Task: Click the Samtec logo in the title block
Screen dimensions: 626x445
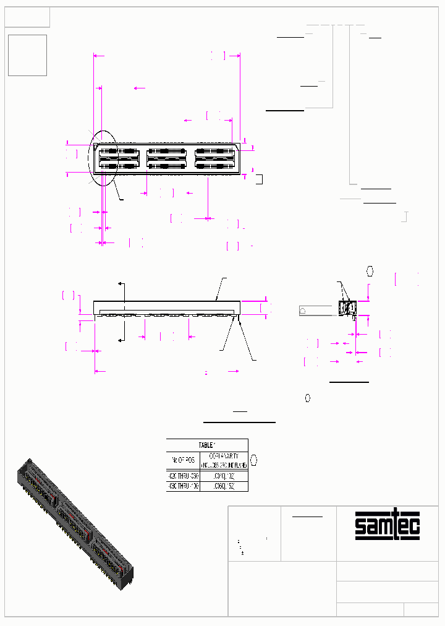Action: click(388, 525)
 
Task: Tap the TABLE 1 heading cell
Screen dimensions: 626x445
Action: click(207, 445)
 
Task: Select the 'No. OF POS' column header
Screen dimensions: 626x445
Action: click(182, 460)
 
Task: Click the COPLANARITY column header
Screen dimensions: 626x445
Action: click(223, 460)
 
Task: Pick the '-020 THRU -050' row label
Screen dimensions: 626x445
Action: click(182, 476)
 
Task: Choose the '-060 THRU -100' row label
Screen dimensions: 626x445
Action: click(182, 487)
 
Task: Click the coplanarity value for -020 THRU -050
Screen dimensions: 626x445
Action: click(223, 476)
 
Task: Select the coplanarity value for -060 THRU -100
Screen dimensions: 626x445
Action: click(223, 487)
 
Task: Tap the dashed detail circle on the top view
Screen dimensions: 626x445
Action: click(103, 158)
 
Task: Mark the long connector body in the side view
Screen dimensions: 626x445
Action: click(166, 307)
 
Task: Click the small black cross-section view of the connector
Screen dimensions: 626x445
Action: click(347, 308)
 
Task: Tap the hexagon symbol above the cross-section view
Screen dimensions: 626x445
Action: click(370, 271)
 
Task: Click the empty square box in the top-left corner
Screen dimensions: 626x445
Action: click(27, 55)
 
